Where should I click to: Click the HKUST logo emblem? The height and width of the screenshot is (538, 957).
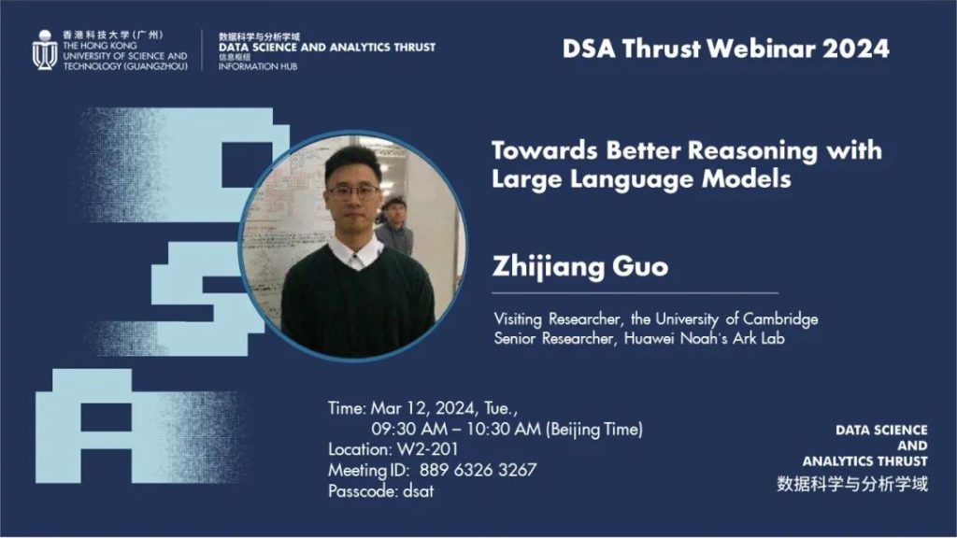(45, 50)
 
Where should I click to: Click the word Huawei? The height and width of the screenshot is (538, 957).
(650, 338)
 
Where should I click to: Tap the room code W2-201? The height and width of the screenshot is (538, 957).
(427, 449)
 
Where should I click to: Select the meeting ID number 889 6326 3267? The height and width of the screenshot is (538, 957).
(478, 471)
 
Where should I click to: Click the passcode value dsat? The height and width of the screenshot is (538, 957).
(418, 491)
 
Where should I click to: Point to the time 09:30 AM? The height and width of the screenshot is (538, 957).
(409, 429)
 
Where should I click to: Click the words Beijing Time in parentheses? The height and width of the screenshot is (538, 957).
(594, 430)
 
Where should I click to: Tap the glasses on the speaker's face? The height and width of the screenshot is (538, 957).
(353, 192)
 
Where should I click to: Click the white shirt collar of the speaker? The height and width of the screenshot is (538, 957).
(355, 253)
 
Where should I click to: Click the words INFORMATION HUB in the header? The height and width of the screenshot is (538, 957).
(258, 66)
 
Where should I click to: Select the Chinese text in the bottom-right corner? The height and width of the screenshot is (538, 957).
(852, 485)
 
